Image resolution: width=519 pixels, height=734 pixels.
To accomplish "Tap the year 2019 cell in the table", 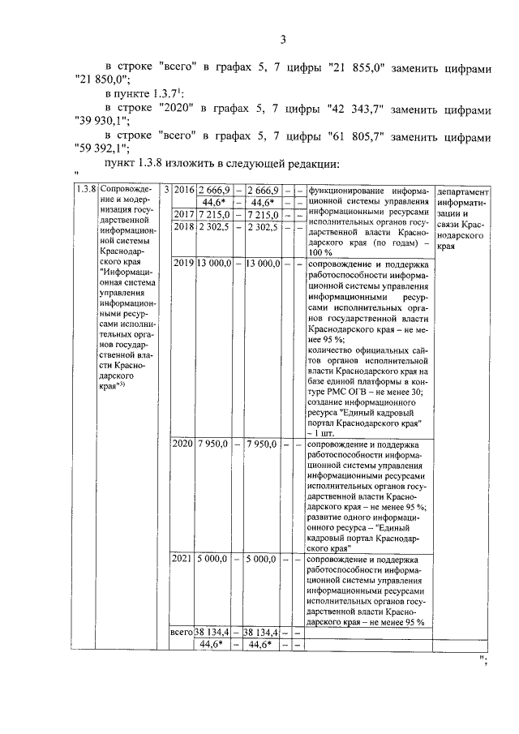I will pyautogui.click(x=183, y=264).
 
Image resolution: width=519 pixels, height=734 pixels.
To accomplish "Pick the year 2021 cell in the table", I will pyautogui.click(x=183, y=559).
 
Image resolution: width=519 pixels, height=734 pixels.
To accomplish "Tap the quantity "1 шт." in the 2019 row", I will pyautogui.click(x=324, y=435).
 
